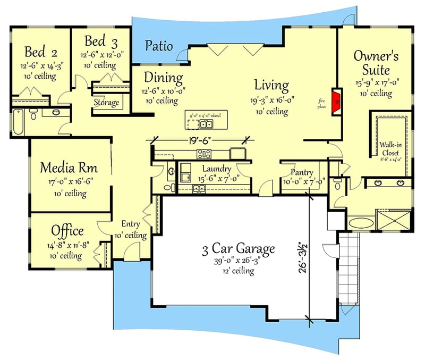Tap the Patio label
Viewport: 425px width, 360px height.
159,46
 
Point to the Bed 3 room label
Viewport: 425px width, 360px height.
101,41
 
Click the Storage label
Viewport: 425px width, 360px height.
106,102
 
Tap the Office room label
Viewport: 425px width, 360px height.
67,231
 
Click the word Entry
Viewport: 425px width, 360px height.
131,224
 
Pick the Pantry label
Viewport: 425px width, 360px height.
302,173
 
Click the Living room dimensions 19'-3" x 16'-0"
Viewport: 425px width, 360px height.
271,101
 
